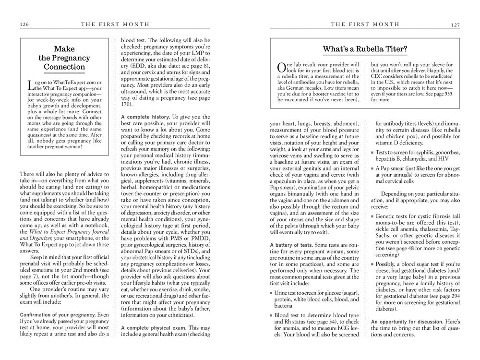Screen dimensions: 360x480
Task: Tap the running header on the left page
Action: click(x=115, y=24)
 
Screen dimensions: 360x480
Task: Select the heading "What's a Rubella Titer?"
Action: click(x=365, y=48)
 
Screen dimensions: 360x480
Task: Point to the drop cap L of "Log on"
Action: click(x=31, y=85)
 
